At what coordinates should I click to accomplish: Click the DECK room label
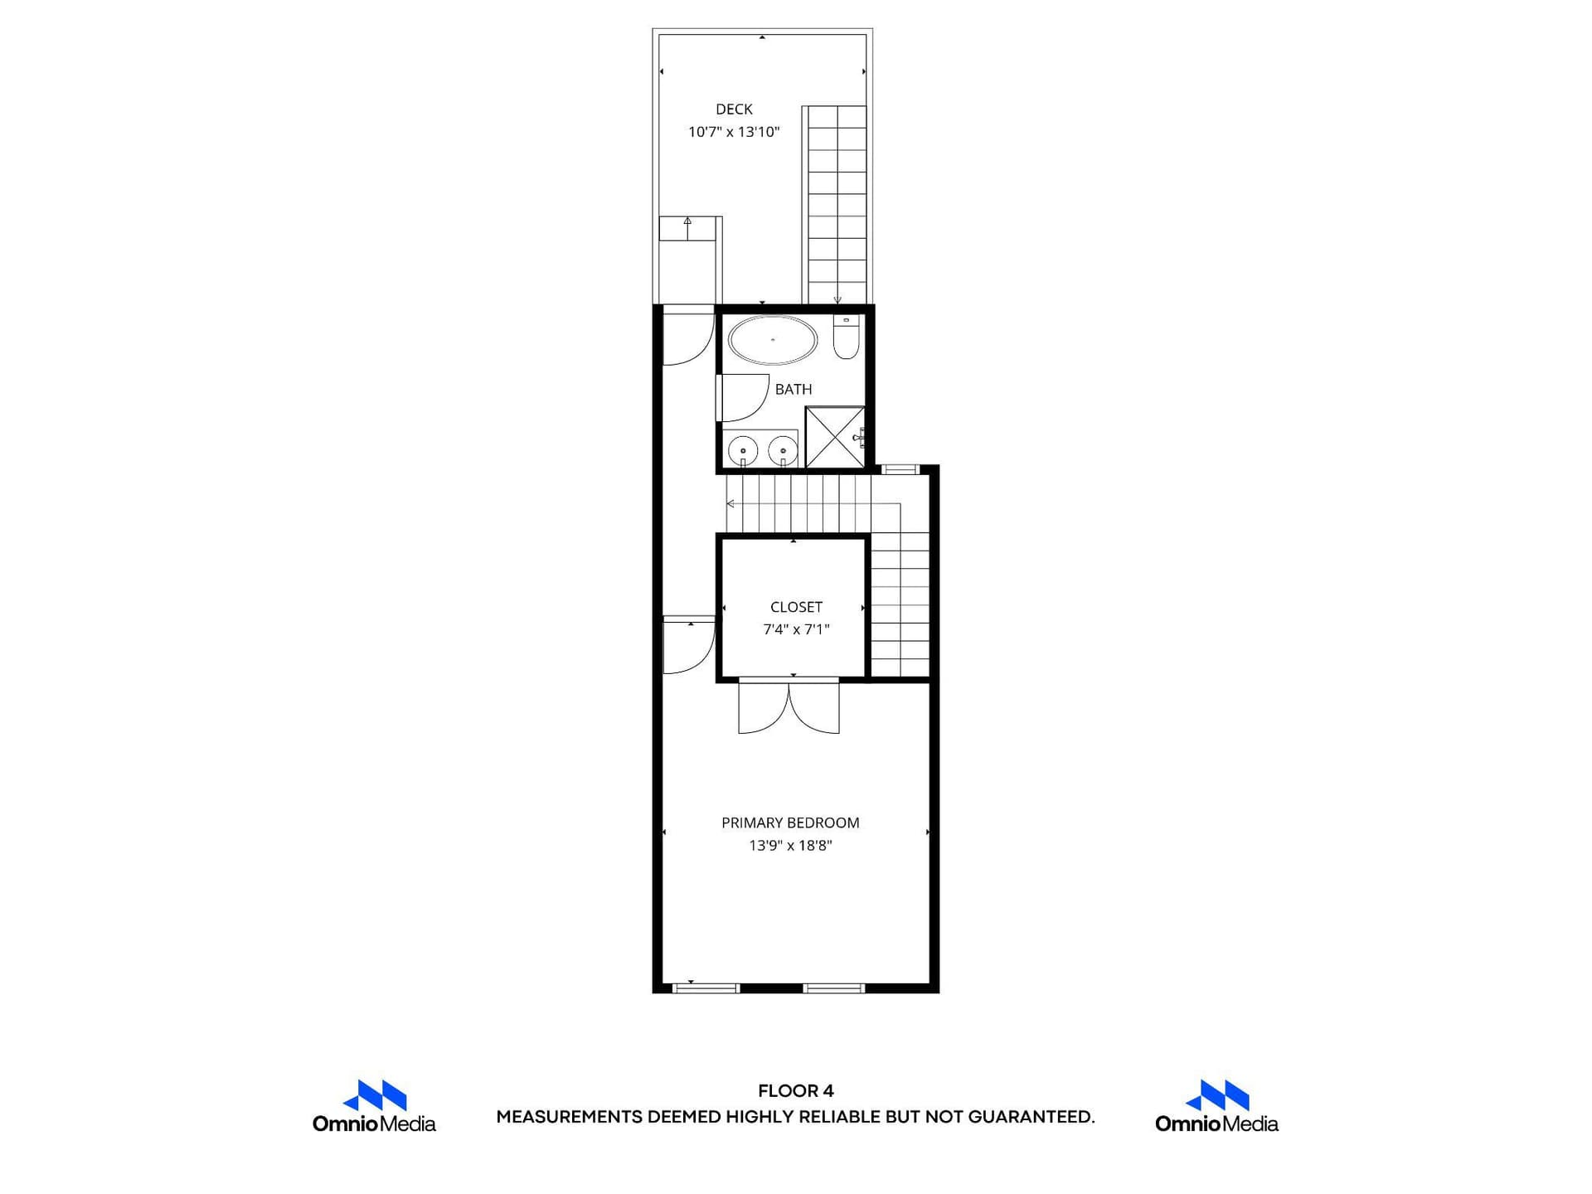click(734, 109)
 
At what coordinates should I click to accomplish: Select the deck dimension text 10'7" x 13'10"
click(734, 132)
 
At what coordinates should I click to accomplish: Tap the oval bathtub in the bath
click(773, 340)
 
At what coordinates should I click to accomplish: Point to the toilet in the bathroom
click(846, 337)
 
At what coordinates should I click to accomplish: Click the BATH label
click(794, 389)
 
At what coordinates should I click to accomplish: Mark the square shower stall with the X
click(835, 437)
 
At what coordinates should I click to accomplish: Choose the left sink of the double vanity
click(743, 452)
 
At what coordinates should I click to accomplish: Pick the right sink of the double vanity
click(783, 452)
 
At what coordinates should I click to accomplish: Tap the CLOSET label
click(796, 607)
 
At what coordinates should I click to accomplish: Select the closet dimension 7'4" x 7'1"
click(796, 629)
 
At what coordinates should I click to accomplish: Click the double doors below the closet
click(789, 706)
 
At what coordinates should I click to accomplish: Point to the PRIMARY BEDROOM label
click(790, 823)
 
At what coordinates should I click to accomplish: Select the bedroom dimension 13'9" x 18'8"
click(790, 846)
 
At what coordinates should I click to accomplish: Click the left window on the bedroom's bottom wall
click(705, 988)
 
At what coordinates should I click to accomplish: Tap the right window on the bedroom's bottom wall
click(834, 988)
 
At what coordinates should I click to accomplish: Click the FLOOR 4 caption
click(796, 1091)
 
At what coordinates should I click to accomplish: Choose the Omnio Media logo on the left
click(374, 1106)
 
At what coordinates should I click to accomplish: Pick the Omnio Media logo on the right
click(1216, 1106)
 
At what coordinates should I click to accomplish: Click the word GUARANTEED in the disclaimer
click(1031, 1117)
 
